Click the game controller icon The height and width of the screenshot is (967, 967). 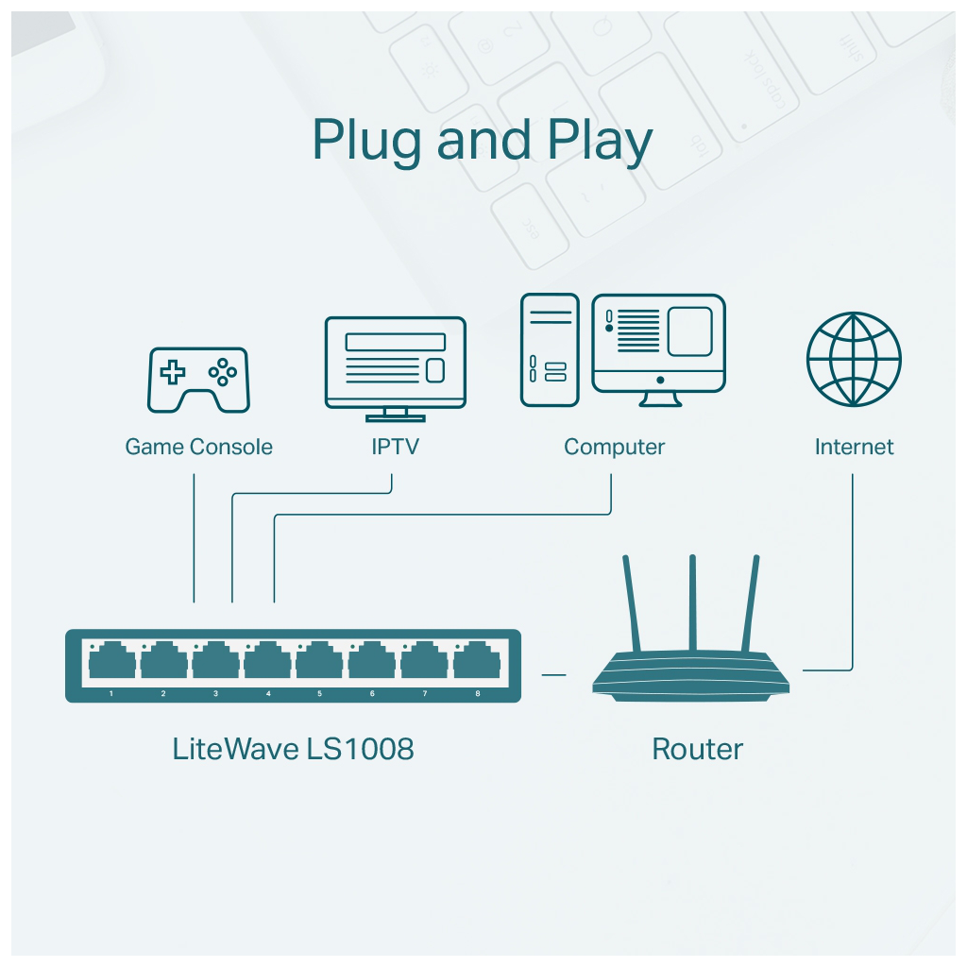[198, 380]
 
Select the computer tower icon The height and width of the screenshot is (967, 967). [549, 349]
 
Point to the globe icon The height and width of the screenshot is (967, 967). [854, 360]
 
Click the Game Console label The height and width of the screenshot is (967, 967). [198, 447]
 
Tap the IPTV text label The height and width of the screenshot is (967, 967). [395, 447]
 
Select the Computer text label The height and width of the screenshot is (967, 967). [614, 447]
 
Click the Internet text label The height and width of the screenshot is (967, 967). [854, 447]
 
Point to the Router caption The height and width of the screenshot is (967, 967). [698, 750]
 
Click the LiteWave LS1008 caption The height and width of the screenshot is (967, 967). [293, 750]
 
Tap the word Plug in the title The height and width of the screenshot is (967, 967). [368, 142]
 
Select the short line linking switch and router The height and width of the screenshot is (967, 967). [553, 675]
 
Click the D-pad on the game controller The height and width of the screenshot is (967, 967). [172, 372]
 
